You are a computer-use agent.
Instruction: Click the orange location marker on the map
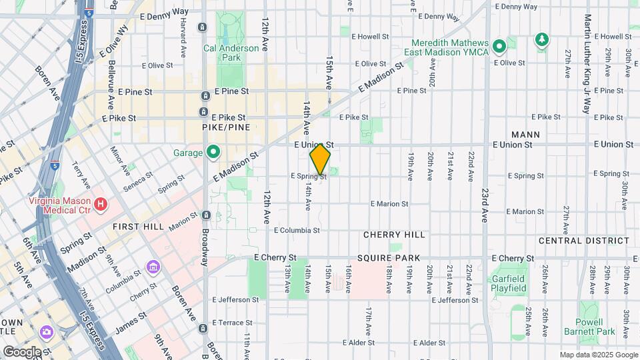tap(320, 159)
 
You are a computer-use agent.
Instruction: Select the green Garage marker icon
tap(213, 153)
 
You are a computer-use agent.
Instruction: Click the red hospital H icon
tap(101, 204)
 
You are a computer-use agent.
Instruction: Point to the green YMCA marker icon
tap(498, 46)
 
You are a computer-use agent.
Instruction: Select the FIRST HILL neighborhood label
tap(139, 227)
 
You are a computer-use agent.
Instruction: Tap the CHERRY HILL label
tap(394, 235)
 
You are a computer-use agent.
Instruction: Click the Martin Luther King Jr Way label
tap(587, 63)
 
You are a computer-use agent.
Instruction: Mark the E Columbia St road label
tap(297, 230)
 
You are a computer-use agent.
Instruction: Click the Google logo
tap(22, 351)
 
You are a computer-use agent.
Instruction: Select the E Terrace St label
tap(233, 322)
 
